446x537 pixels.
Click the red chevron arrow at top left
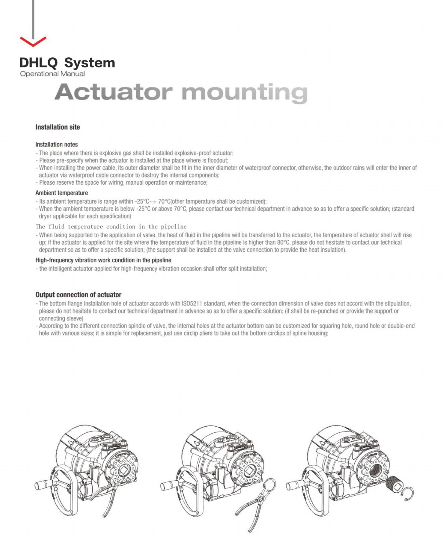pyautogui.click(x=33, y=41)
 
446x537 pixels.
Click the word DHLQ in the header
pyautogui.click(x=39, y=63)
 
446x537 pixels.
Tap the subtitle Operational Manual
pyautogui.click(x=52, y=74)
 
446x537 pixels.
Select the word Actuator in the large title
pyautogui.click(x=113, y=92)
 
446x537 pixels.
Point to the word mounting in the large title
pyautogui.click(x=244, y=93)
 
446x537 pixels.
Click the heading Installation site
pyautogui.click(x=58, y=127)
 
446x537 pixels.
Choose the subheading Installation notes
pyautogui.click(x=57, y=145)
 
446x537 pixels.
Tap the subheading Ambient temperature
pyautogui.click(x=62, y=193)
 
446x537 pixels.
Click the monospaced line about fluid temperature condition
pyautogui.click(x=111, y=227)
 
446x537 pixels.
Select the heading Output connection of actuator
pyautogui.click(x=79, y=295)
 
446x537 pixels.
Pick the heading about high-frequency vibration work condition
pyautogui.click(x=103, y=260)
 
